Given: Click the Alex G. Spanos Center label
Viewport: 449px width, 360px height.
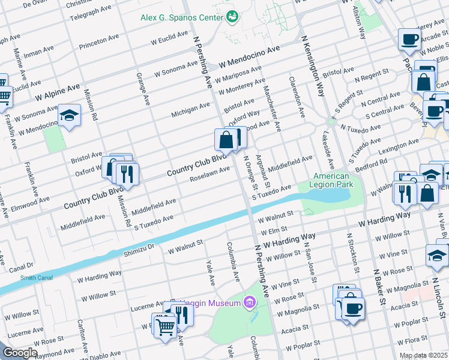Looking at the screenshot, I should coord(181,17).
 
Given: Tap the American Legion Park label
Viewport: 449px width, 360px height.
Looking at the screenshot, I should coord(332,181).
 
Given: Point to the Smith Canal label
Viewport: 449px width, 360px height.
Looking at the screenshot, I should coord(20,278).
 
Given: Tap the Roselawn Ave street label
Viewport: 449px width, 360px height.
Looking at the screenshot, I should coord(209,173).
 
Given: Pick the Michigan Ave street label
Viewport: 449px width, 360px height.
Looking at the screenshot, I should coord(190,109).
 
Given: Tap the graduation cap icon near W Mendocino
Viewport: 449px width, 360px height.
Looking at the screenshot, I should coord(69,115).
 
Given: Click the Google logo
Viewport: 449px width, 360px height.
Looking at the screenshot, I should coord(20,352).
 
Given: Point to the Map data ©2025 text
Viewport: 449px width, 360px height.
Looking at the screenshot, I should coord(423,355).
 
